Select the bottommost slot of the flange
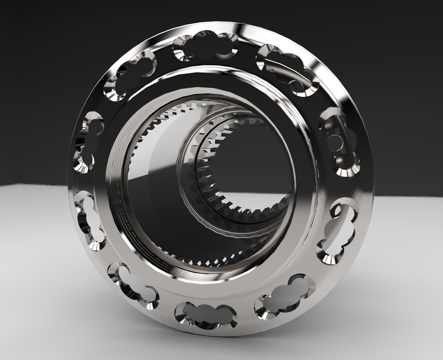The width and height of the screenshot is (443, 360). (205, 315)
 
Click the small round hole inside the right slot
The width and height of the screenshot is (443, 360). (334, 142)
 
